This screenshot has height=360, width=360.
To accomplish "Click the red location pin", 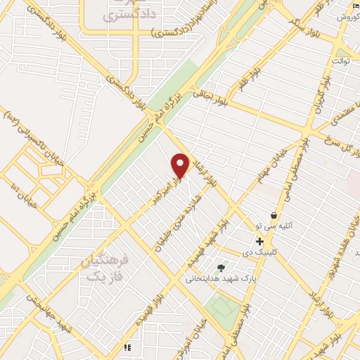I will point(180,165).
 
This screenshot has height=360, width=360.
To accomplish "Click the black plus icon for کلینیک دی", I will point(260,241).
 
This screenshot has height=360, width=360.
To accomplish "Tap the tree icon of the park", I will point(221,267).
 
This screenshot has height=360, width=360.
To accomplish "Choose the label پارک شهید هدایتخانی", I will point(213,278).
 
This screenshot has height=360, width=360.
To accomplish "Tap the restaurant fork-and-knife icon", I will point(127,347).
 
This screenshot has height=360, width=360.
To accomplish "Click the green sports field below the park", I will point(224,307).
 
